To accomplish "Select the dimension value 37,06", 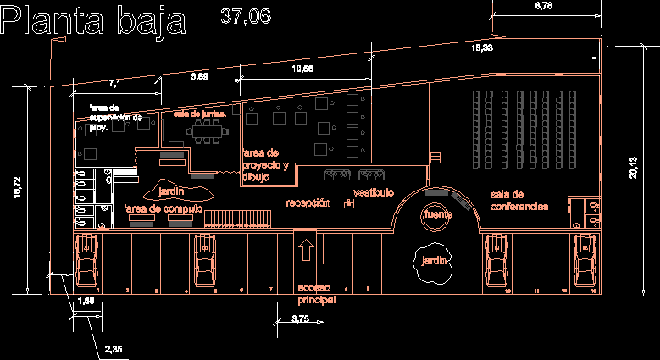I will [x=245, y=14].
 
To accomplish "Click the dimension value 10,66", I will [x=302, y=69].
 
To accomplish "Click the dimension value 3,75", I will [x=301, y=318].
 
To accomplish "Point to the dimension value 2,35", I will [x=113, y=348].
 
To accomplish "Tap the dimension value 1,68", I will [x=85, y=301].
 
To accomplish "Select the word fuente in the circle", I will [x=438, y=214].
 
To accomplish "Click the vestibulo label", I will [x=374, y=192].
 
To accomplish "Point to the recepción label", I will [x=308, y=203].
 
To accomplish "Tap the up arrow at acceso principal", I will [x=306, y=251].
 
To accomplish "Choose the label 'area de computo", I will [x=163, y=208].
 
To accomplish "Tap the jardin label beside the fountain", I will [x=435, y=260].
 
